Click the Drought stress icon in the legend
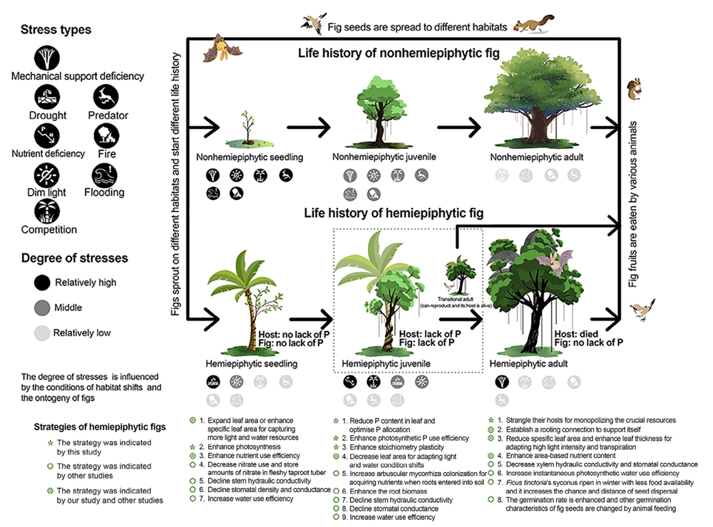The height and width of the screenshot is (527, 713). [48, 97]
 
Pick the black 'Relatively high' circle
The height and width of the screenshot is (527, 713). [44, 282]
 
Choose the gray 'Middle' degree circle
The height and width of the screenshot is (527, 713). [44, 308]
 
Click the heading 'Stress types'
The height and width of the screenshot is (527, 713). [56, 31]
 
